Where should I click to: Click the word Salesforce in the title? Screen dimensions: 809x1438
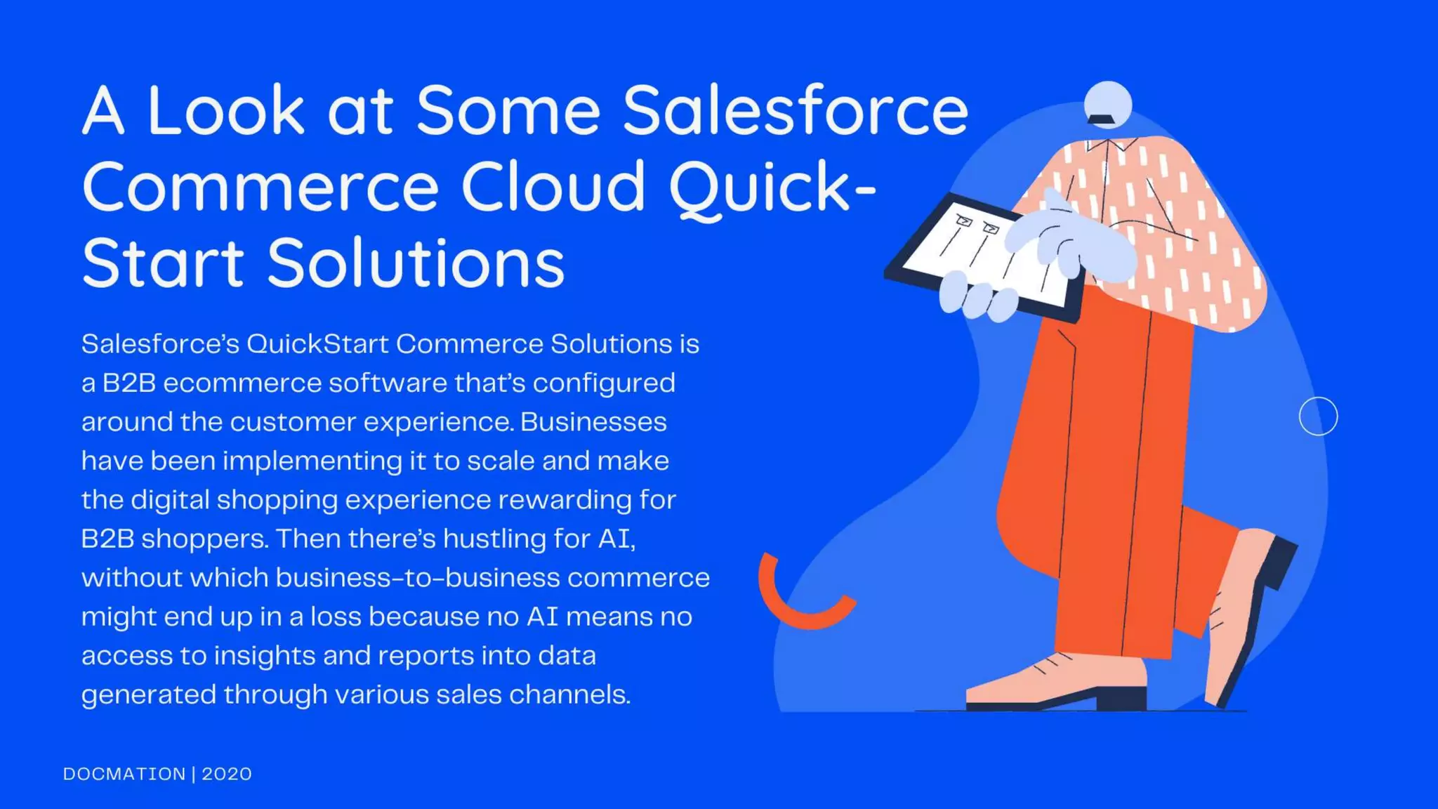(795, 110)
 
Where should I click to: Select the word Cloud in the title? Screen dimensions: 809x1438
(553, 186)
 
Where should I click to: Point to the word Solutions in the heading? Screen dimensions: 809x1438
(416, 263)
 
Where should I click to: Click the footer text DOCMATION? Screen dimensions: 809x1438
(124, 774)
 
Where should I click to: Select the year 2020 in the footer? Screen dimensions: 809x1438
(227, 774)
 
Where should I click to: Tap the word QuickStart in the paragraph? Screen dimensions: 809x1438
(317, 344)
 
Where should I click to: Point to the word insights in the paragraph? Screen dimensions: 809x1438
(264, 656)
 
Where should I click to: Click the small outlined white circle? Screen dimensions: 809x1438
(1318, 416)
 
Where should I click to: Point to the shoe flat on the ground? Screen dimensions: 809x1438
(1053, 685)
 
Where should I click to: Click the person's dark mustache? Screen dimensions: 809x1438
(1101, 119)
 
